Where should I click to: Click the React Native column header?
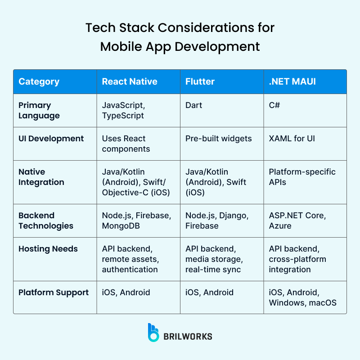[130, 81]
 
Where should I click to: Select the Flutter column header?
[200, 81]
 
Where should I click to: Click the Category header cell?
[39, 81]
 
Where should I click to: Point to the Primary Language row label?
[39, 110]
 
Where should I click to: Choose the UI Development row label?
[51, 139]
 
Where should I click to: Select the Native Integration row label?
[41, 177]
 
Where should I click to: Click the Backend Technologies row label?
[45, 220]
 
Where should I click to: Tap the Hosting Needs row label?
[48, 249]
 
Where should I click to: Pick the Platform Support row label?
[54, 292]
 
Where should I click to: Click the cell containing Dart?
[194, 105]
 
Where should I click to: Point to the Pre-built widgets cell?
[219, 139]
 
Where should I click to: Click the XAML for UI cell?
[292, 139]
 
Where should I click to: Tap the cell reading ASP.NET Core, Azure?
[297, 220]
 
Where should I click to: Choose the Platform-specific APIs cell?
[302, 177]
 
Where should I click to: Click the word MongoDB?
[121, 226]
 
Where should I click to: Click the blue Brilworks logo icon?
[153, 332]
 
